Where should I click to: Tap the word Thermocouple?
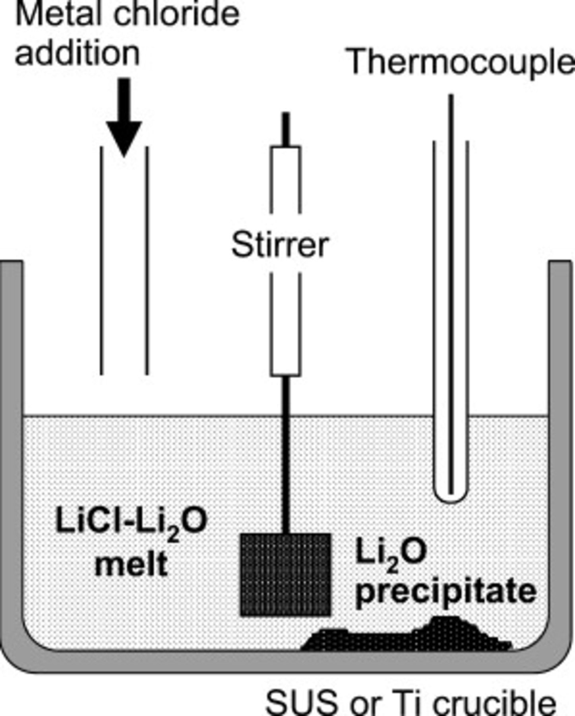pos(461,62)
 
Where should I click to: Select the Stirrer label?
pos(280,245)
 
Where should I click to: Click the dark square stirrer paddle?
pos(286,575)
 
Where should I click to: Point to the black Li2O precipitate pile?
pos(409,636)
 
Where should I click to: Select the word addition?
pos(77,54)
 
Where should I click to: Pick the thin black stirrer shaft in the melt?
pos(286,457)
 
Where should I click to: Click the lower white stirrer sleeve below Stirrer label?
pos(286,324)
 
